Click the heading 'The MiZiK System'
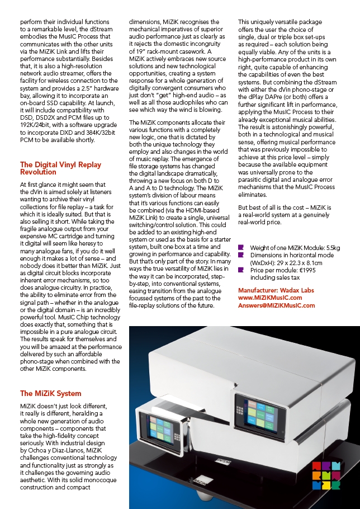tap(50, 393)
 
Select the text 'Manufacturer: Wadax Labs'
tap(276, 290)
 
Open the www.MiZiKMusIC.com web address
tap(270, 298)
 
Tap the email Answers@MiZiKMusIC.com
tap(276, 306)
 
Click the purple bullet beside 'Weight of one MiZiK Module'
tap(241, 247)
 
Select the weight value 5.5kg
tap(333, 248)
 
